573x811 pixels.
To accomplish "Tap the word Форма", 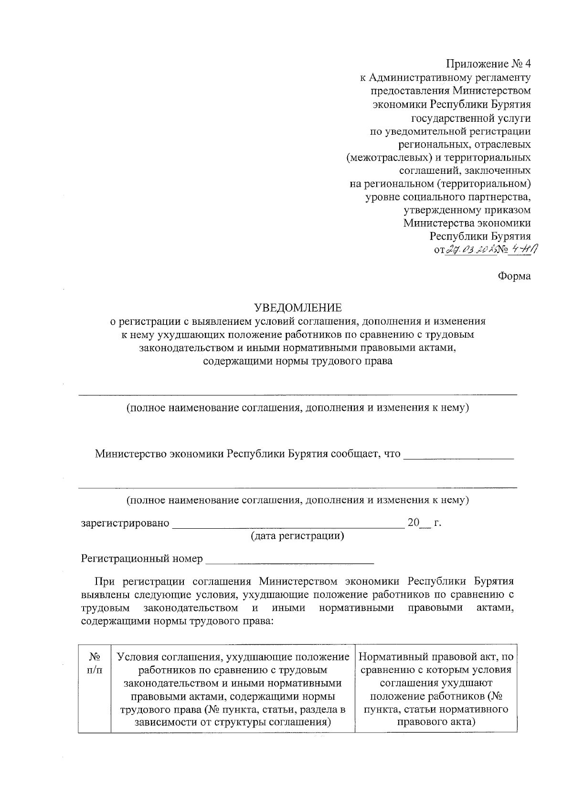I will pyautogui.click(x=514, y=276).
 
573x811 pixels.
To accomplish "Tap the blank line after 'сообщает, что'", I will pyautogui.click(x=458, y=455).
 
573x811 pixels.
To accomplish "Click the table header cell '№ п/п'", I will pyautogui.click(x=95, y=663).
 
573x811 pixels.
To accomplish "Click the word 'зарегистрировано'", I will pyautogui.click(x=126, y=523).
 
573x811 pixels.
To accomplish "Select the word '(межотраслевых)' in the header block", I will pyautogui.click(x=376, y=157).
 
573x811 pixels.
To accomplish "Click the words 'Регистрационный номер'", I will pyautogui.click(x=142, y=558).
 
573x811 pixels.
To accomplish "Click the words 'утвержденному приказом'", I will pyautogui.click(x=467, y=210).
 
